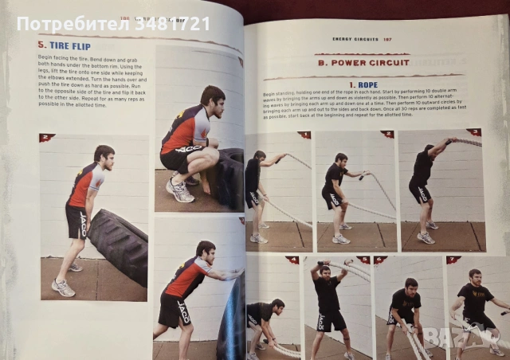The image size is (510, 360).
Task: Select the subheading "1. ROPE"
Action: [x=363, y=84]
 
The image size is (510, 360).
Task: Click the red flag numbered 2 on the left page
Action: [x=46, y=138]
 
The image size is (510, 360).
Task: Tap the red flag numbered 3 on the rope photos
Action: [x=473, y=132]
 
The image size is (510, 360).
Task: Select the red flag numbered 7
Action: [x=453, y=260]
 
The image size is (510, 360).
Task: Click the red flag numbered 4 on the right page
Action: [x=293, y=260]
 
